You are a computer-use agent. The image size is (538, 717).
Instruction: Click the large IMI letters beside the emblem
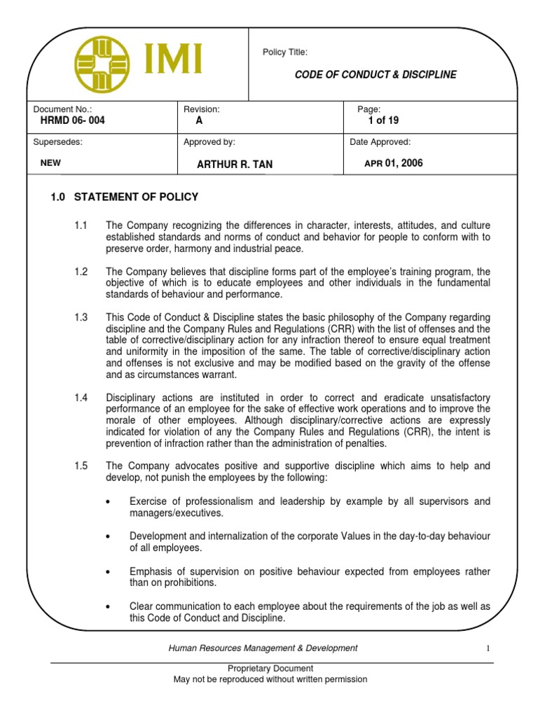point(173,59)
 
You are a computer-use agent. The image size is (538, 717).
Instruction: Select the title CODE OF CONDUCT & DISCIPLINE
point(375,75)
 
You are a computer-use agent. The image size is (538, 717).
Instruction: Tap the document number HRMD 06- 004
point(73,120)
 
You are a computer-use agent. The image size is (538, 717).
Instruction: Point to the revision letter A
point(199,120)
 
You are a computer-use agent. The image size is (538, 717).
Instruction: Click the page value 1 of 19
point(383,120)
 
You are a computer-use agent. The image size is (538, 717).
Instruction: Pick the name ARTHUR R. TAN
point(235,165)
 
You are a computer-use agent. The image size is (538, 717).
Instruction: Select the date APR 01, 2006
point(394,163)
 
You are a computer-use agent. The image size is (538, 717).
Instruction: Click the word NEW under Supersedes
point(51,163)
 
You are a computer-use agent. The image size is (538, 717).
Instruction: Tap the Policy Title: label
point(284,53)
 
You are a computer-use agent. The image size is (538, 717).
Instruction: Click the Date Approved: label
point(380,142)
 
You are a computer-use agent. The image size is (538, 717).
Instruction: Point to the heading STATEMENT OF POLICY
point(136,197)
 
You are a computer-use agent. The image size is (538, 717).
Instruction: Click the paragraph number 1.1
point(81,225)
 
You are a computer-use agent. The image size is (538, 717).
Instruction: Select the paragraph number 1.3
point(81,318)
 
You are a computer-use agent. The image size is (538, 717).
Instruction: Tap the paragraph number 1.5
point(81,466)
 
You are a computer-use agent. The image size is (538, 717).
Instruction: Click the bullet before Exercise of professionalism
point(107,502)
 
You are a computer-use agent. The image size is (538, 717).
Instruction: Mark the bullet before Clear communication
point(107,606)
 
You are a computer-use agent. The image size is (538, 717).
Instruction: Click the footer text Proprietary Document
point(270,669)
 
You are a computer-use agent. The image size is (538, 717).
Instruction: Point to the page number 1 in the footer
point(488,648)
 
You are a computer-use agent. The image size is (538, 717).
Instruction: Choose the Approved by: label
point(209,142)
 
